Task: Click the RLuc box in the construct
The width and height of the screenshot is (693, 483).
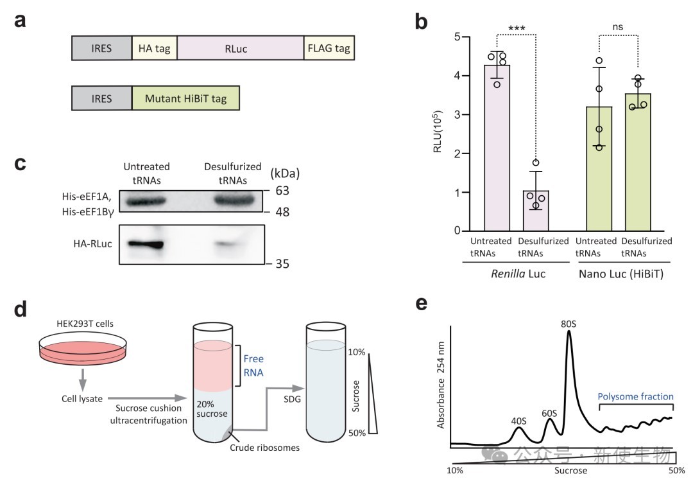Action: point(240,48)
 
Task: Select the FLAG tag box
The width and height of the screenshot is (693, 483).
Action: point(329,48)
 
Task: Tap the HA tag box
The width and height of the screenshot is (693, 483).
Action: point(154,48)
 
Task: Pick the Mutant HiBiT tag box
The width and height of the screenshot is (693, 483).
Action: point(185,99)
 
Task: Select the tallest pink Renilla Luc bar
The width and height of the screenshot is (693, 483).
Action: point(497,148)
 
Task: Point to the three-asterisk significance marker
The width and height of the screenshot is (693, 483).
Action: point(517,29)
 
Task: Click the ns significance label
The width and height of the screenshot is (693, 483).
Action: point(617,28)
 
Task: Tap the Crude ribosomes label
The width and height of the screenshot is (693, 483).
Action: point(265,448)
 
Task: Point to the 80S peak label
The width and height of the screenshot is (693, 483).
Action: point(568,322)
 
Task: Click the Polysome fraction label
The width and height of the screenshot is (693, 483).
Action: point(635,397)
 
